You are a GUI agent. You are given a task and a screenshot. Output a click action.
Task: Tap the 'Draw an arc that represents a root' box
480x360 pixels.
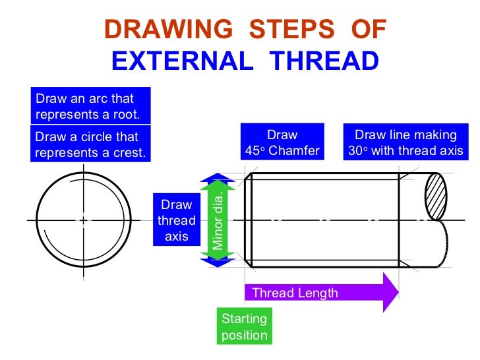coord(91,106)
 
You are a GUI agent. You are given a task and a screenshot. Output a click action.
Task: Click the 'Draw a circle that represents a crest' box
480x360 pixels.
coord(91,145)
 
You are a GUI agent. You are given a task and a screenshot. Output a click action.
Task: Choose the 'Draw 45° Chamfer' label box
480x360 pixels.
coord(282,142)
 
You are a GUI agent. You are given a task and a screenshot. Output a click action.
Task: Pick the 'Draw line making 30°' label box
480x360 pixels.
coord(405,142)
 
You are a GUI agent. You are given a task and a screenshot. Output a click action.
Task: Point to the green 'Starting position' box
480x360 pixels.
coord(244,326)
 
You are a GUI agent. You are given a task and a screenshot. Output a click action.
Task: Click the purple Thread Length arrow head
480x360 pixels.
coord(390,292)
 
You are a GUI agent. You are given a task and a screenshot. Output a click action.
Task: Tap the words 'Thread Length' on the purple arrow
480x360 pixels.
coord(295,293)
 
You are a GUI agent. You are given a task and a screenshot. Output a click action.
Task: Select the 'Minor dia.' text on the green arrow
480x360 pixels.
coord(217,220)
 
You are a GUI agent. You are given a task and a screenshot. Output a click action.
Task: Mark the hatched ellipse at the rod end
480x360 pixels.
coord(436,196)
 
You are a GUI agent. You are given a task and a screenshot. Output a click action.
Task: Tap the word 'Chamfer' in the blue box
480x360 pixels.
coord(294,151)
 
